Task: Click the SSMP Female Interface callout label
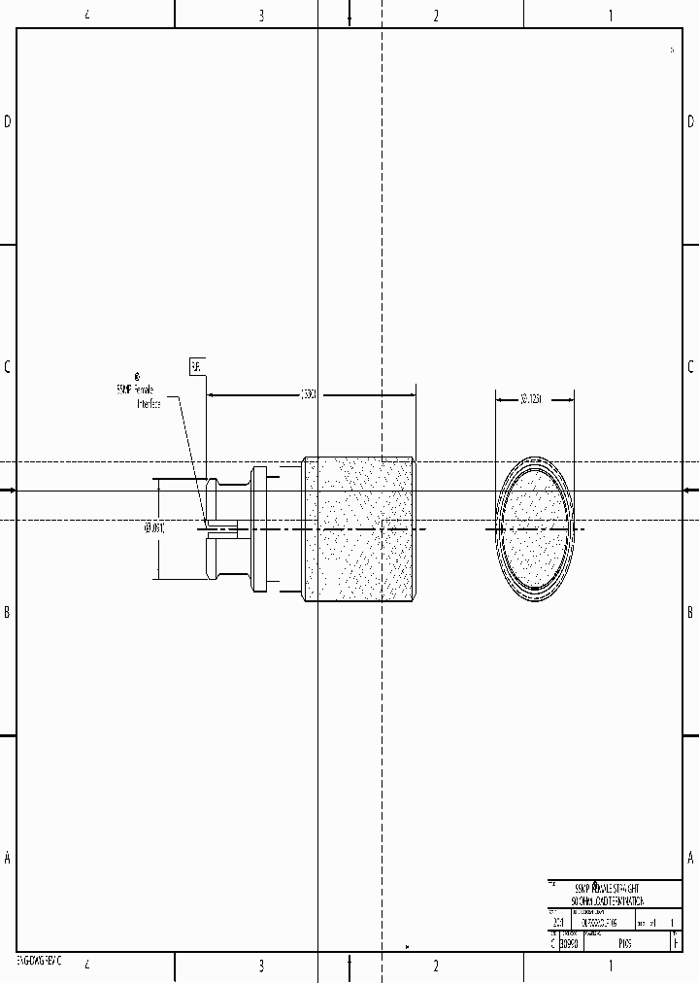pyautogui.click(x=138, y=394)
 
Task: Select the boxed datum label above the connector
pyautogui.click(x=196, y=366)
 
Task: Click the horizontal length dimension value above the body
pyautogui.click(x=307, y=394)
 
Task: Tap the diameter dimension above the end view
pyautogui.click(x=530, y=397)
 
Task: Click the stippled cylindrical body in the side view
pyautogui.click(x=360, y=528)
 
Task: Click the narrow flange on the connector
pyautogui.click(x=259, y=528)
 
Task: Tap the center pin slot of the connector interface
pyautogui.click(x=221, y=529)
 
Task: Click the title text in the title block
pyautogui.click(x=608, y=895)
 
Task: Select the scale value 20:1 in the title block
pyautogui.click(x=558, y=922)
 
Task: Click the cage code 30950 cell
pyautogui.click(x=569, y=942)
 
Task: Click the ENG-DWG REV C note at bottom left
pyautogui.click(x=39, y=960)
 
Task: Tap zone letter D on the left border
pyautogui.click(x=8, y=121)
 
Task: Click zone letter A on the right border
pyautogui.click(x=690, y=858)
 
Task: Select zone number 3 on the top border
pyautogui.click(x=261, y=15)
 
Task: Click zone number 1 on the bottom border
pyautogui.click(x=611, y=966)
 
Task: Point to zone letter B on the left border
pyautogui.click(x=8, y=612)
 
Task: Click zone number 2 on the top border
pyautogui.click(x=436, y=15)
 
